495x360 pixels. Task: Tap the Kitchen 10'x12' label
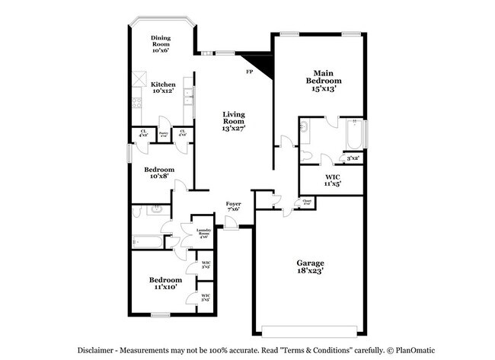coord(163,88)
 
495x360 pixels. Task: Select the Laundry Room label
coord(203,232)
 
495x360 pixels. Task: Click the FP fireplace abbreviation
coord(248,72)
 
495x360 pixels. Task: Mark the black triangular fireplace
coord(260,65)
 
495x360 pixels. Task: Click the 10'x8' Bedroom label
coord(160,174)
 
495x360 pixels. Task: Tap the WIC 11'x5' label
coord(332,180)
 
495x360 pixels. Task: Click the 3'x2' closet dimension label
coord(353,158)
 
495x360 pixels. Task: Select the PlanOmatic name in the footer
coord(413,351)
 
